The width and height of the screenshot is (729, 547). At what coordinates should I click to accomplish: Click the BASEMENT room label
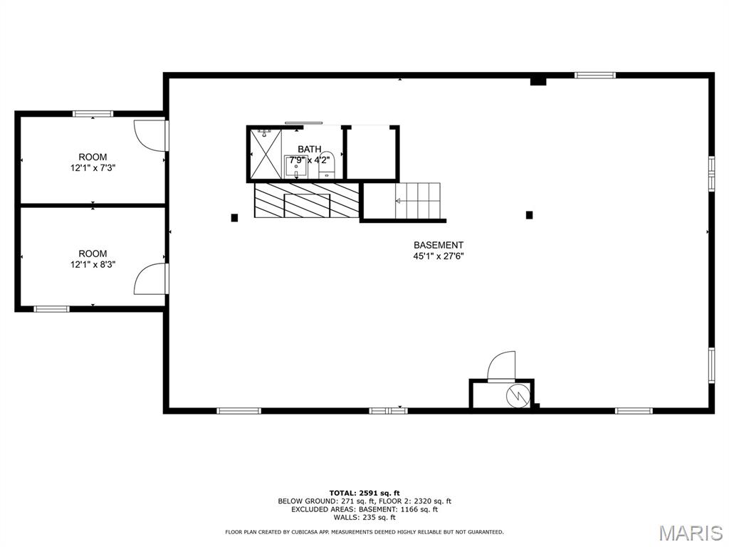(439, 245)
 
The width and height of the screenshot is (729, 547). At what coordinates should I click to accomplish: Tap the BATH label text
(309, 150)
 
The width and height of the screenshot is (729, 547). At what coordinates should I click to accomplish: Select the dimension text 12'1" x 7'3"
(93, 168)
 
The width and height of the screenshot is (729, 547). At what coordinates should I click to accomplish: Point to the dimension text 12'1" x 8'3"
(93, 265)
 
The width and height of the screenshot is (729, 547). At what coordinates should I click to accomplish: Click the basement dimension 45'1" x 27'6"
(439, 256)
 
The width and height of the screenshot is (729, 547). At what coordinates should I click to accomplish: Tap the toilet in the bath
(327, 165)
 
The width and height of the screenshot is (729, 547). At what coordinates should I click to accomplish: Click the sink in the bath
(295, 167)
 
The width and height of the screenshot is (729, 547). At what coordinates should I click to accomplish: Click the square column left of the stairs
(234, 217)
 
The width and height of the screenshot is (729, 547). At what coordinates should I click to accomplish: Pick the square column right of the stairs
(529, 215)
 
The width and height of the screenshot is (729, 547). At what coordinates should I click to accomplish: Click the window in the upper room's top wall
(93, 113)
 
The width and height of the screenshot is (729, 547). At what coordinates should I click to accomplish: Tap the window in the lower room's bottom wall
(51, 309)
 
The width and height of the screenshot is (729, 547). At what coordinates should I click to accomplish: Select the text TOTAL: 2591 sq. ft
(364, 493)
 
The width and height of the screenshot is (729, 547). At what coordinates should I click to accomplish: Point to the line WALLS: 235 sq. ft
(364, 517)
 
